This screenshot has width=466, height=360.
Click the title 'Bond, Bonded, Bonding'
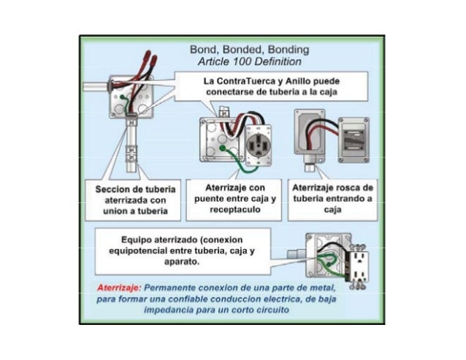[249, 50]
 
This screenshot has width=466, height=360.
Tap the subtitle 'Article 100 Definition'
[249, 62]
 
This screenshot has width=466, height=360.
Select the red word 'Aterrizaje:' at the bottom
[119, 288]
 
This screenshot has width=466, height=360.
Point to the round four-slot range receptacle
[258, 145]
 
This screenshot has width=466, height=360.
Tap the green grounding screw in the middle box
[222, 148]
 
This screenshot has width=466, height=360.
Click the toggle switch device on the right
[354, 140]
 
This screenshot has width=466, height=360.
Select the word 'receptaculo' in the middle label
[235, 210]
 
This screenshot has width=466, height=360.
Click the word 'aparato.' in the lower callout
[182, 262]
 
